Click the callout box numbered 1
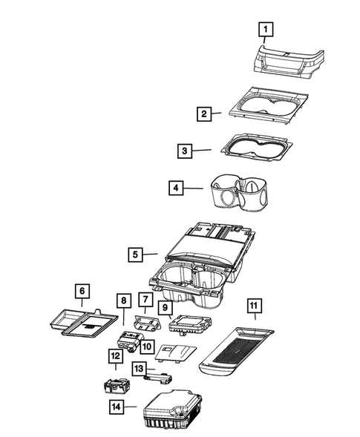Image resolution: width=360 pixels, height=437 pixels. click(265, 30)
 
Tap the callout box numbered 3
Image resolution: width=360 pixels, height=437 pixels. click(185, 151)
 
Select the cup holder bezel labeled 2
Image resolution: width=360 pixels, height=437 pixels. click(267, 105)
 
